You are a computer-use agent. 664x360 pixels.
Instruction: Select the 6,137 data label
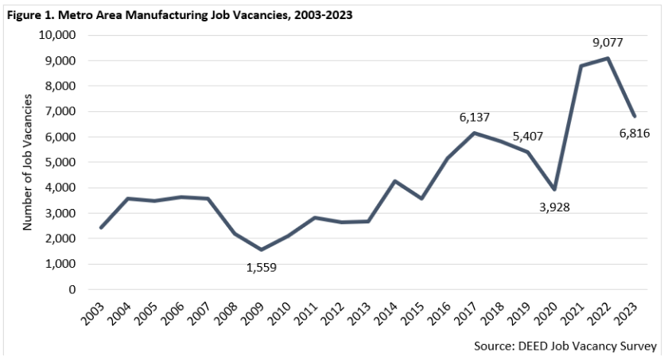coord(476,118)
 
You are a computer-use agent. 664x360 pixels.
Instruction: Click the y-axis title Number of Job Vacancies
coord(27,162)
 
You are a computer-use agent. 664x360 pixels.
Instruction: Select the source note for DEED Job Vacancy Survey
coord(565,346)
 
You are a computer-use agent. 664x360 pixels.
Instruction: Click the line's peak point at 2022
coord(608,58)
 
